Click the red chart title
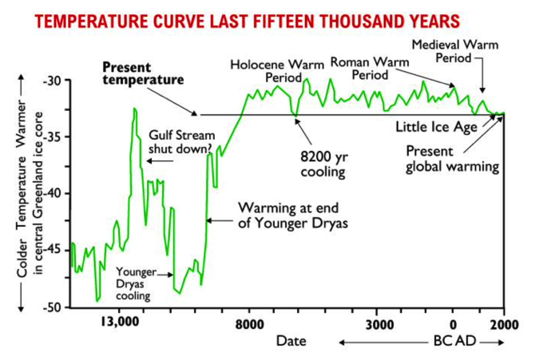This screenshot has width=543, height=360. pyautogui.click(x=248, y=22)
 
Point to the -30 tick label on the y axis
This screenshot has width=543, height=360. pyautogui.click(x=52, y=81)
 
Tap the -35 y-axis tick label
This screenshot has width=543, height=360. pyautogui.click(x=52, y=137)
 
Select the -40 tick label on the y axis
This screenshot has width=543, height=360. pyautogui.click(x=52, y=193)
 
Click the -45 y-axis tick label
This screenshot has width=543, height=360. pyautogui.click(x=52, y=250)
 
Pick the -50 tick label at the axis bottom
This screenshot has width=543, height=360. pyautogui.click(x=52, y=307)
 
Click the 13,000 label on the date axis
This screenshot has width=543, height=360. pyautogui.click(x=120, y=322)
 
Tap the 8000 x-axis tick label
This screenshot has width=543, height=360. pyautogui.click(x=249, y=324)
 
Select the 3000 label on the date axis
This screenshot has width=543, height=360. pyautogui.click(x=379, y=324)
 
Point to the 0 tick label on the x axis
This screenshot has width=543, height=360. pyautogui.click(x=453, y=325)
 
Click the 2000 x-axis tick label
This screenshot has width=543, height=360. pyautogui.click(x=504, y=324)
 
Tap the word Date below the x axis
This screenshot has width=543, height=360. pyautogui.click(x=291, y=341)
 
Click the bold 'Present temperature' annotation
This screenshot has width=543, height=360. pyautogui.click(x=143, y=73)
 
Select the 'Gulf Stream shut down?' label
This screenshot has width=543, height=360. pyautogui.click(x=182, y=142)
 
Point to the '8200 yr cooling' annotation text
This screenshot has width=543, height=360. pyautogui.click(x=323, y=164)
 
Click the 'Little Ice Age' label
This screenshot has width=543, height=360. pyautogui.click(x=436, y=127)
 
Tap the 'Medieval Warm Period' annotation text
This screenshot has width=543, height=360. pyautogui.click(x=455, y=51)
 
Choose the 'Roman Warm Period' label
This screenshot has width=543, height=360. pyautogui.click(x=370, y=69)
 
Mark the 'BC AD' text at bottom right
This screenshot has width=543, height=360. pyautogui.click(x=454, y=341)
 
